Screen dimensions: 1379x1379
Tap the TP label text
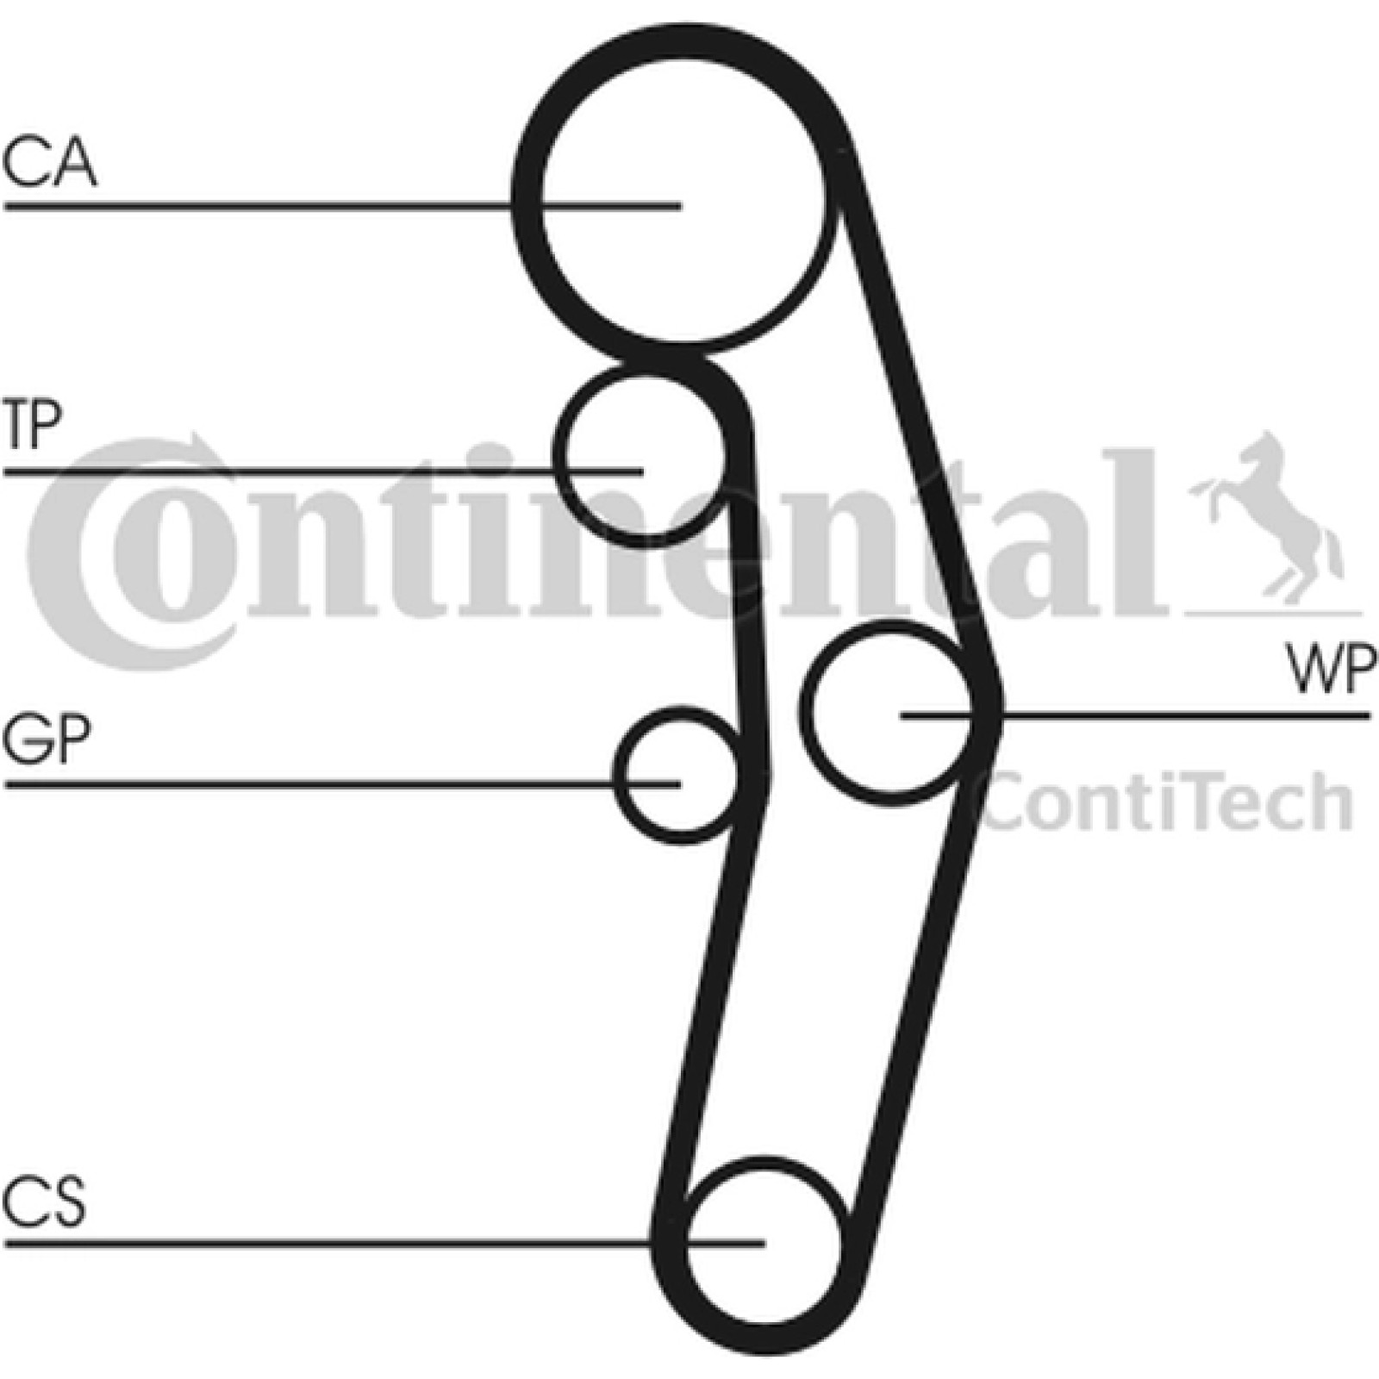pos(32,425)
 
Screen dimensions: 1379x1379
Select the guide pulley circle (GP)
pos(619,776)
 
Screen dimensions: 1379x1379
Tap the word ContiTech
pos(1168,802)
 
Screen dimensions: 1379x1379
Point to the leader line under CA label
pos(342,206)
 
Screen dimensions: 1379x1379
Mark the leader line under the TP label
pos(323,471)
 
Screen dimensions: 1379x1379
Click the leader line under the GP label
pos(342,784)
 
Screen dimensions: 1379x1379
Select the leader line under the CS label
pos(384,1243)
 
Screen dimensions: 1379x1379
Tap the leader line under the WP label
pos(1135,715)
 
